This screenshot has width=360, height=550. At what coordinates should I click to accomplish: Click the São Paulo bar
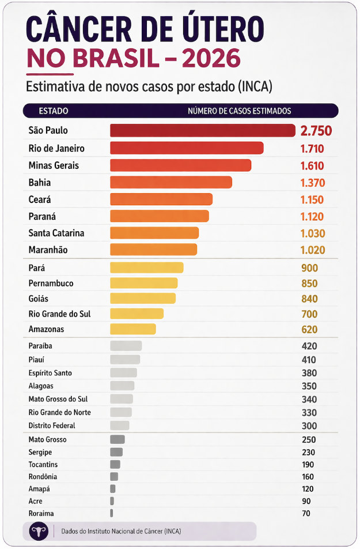[x=202, y=131]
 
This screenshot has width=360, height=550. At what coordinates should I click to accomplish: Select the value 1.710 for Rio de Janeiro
[x=312, y=149]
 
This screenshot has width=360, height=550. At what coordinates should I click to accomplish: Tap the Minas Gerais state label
[x=54, y=165]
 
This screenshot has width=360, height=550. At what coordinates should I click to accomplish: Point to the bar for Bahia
[x=170, y=183]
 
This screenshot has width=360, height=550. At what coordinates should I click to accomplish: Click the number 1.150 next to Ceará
[x=312, y=200]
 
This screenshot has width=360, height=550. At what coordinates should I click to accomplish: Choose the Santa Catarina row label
[x=56, y=233]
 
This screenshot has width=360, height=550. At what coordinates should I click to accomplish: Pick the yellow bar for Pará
[x=146, y=268]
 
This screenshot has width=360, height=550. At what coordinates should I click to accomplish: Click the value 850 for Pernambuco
[x=309, y=284]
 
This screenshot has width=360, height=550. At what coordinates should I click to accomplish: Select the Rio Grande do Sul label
[x=59, y=314]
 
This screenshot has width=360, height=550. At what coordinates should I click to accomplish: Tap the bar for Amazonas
[x=132, y=329]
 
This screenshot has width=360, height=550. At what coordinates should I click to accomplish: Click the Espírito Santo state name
[x=50, y=373]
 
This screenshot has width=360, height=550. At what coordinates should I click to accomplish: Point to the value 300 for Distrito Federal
[x=309, y=425]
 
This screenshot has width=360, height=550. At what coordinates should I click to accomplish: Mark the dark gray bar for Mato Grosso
[x=117, y=439]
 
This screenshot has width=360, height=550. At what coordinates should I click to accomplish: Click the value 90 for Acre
[x=306, y=501]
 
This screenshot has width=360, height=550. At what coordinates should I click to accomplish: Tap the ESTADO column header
[x=54, y=111]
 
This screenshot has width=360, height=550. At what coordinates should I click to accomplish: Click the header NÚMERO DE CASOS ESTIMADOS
[x=239, y=111]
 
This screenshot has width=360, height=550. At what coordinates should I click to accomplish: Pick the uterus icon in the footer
[x=39, y=531]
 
